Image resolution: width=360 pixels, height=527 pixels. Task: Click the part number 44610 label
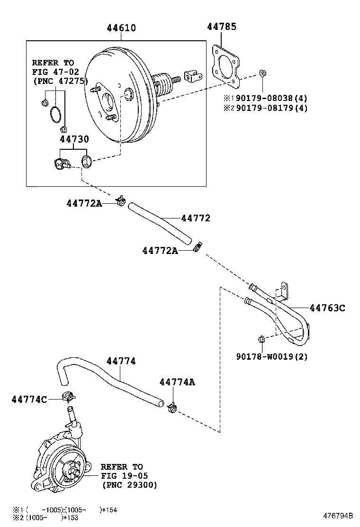pos(121,28)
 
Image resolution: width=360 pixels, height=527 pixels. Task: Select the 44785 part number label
pos(221,27)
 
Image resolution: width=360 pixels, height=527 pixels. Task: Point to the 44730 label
pos(74,139)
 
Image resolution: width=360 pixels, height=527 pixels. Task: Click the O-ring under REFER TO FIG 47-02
pos(55,114)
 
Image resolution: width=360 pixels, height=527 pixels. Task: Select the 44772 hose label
pos(195,218)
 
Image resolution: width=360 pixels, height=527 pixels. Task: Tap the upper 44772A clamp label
pos(84,203)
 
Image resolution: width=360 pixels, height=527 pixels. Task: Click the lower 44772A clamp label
pos(160,250)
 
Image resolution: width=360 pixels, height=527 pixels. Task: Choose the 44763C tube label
pos(327,308)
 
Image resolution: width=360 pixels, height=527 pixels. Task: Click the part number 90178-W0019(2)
pos(271,357)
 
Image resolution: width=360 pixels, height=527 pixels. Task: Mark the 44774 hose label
pos(121,361)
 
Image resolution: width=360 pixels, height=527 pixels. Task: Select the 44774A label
pos(177,382)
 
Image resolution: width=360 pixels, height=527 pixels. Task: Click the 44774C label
pos(29,400)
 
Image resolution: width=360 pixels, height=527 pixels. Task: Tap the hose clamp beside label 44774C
pos(70,396)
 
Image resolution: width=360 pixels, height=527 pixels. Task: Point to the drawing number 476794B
pos(338,516)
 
